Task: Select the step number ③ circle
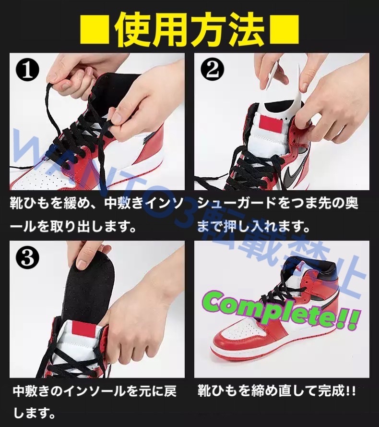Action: tap(27, 257)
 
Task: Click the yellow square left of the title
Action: tap(95, 29)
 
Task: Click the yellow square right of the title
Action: tap(284, 29)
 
